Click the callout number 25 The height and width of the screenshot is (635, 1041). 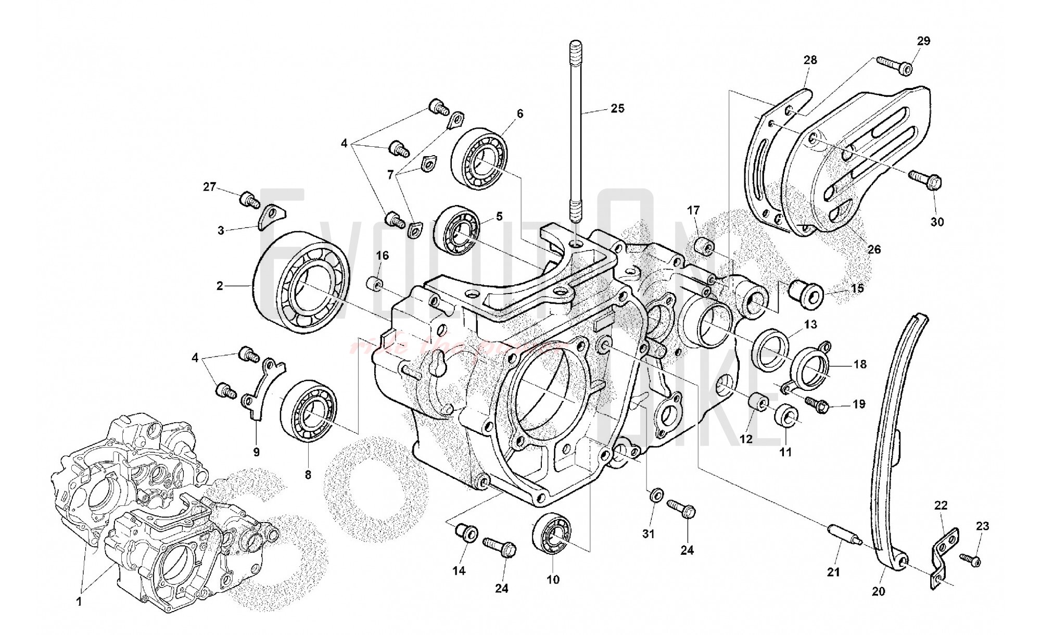point(617,109)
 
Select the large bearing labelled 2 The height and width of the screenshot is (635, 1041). point(301,281)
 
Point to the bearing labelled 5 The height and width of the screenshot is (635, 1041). point(456,232)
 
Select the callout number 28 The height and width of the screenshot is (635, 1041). point(810,60)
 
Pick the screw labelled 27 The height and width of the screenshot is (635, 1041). point(250,200)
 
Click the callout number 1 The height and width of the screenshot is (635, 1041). point(79,602)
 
